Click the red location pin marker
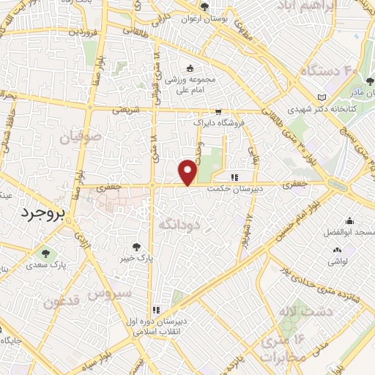189,171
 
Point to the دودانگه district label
179,226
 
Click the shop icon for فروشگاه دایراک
218,112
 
